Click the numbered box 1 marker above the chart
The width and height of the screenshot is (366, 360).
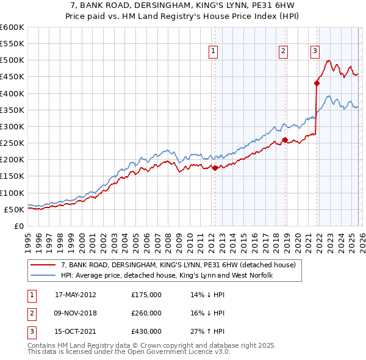click(213, 52)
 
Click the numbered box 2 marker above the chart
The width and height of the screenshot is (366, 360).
click(284, 52)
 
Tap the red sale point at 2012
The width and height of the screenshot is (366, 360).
click(215, 168)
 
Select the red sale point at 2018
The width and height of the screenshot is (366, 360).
click(285, 140)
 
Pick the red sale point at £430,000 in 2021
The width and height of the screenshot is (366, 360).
click(317, 84)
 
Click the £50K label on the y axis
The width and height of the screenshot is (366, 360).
click(14, 209)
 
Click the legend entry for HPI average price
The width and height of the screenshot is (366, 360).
click(166, 275)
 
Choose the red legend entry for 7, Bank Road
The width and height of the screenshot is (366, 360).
click(178, 265)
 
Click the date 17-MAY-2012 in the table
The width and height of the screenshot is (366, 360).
click(75, 295)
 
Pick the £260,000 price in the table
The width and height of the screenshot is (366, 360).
click(146, 313)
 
